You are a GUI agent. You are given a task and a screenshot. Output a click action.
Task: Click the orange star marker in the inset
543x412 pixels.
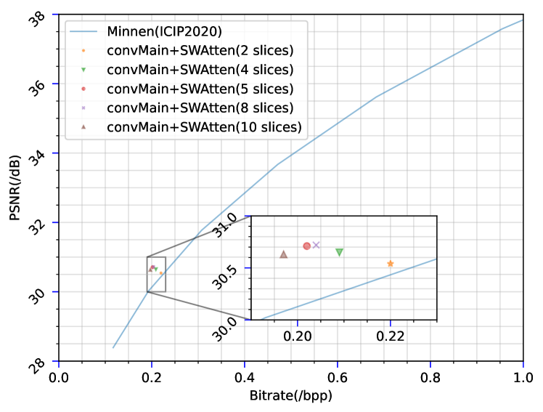click(391, 264)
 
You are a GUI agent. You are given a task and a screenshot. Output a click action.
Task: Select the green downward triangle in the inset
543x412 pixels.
click(339, 252)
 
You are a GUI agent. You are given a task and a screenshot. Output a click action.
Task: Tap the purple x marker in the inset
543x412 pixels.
click(317, 246)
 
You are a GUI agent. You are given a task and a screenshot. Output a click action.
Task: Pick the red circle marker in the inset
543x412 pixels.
click(306, 246)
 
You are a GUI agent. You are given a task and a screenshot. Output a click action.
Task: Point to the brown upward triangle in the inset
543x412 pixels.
click(284, 254)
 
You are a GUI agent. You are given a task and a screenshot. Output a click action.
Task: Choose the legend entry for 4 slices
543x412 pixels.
click(200, 70)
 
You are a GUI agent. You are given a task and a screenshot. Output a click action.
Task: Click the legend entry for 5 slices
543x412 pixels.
click(200, 89)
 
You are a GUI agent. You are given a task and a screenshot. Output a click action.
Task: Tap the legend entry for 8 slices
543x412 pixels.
click(200, 108)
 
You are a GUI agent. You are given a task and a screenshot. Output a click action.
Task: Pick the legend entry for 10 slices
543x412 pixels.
click(203, 127)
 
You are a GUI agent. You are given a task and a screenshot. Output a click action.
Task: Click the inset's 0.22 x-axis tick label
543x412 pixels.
click(391, 336)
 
